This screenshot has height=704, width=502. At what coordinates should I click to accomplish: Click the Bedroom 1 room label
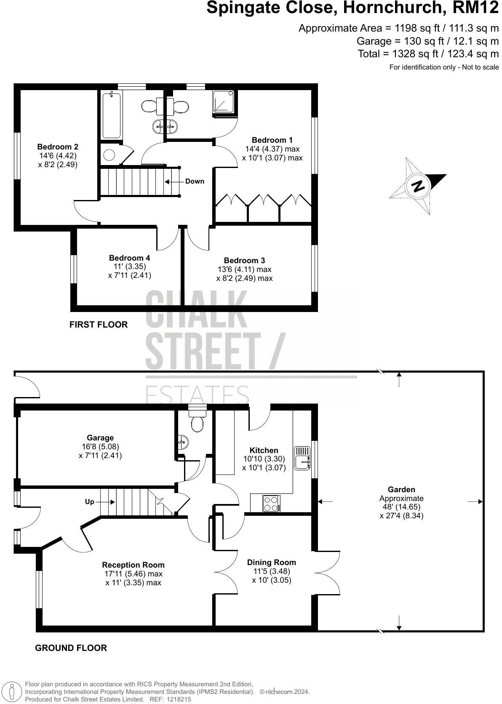click(x=272, y=140)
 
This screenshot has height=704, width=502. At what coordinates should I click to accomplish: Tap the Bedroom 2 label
click(x=58, y=147)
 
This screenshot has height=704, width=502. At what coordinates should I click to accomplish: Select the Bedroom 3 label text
click(x=244, y=261)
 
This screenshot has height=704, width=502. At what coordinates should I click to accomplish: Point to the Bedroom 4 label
click(x=129, y=258)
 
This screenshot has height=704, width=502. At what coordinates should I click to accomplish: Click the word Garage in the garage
click(x=100, y=438)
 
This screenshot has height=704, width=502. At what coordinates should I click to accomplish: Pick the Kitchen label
click(x=264, y=451)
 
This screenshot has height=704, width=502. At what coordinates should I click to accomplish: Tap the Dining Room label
click(x=272, y=563)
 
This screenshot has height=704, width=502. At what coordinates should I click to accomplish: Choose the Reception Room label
click(x=134, y=565)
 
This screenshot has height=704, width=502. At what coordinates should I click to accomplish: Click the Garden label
click(x=401, y=490)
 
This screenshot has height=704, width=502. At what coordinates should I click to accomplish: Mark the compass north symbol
click(x=418, y=186)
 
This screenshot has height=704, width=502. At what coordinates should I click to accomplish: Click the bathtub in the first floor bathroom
click(x=112, y=115)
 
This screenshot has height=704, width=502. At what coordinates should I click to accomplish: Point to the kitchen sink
click(x=302, y=458)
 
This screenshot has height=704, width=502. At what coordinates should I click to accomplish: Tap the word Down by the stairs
click(x=195, y=181)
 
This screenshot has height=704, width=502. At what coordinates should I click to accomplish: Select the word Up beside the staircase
click(x=90, y=502)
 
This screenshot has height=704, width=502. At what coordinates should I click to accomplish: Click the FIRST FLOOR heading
click(x=99, y=325)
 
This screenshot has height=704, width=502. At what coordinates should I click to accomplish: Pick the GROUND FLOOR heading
click(x=71, y=648)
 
